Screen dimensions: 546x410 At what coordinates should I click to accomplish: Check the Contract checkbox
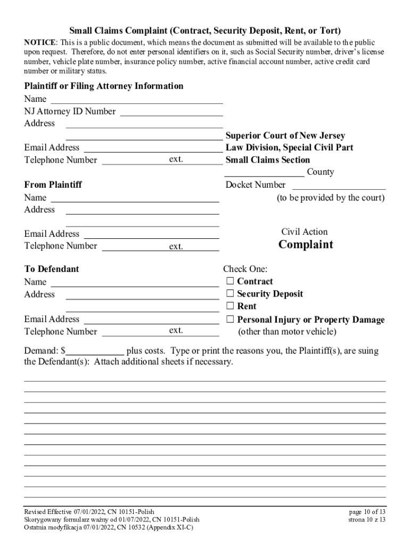(x=230, y=281)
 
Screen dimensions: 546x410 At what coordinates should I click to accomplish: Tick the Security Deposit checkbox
(x=230, y=293)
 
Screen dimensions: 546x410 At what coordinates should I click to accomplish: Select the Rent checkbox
(x=230, y=306)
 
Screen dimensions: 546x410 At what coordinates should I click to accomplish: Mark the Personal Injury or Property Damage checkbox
(x=230, y=320)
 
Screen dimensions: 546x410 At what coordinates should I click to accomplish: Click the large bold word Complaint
(x=306, y=245)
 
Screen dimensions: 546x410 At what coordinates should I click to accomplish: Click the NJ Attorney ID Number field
(x=171, y=112)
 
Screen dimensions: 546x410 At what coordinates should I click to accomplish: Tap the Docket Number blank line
(x=339, y=186)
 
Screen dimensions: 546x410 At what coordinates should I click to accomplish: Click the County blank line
(x=264, y=172)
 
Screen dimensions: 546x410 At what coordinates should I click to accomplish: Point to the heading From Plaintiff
(x=53, y=185)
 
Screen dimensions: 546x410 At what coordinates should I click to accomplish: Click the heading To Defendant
(x=51, y=269)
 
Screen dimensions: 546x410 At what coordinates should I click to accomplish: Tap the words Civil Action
(x=305, y=231)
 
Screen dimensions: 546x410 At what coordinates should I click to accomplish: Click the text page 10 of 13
(x=367, y=511)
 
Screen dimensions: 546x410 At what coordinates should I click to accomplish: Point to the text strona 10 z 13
(x=367, y=519)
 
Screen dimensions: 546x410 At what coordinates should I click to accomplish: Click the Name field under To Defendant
(x=135, y=283)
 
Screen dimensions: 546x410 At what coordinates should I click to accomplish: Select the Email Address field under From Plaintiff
(x=151, y=234)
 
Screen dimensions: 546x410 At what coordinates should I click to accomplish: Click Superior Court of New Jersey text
(x=285, y=135)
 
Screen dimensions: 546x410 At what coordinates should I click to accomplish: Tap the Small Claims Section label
(x=267, y=160)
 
